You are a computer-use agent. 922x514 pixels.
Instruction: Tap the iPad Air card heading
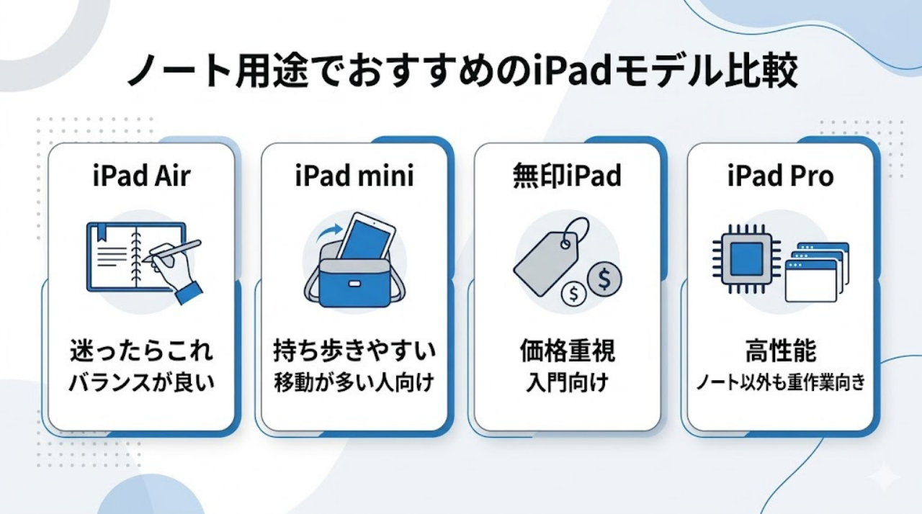141,176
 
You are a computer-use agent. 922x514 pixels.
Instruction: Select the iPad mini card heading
354,176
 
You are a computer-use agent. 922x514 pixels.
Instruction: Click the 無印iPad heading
567,176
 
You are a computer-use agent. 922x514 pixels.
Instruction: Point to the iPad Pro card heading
781,176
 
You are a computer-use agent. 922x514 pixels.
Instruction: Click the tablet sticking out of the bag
367,238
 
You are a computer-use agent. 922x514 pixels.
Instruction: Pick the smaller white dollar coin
574,294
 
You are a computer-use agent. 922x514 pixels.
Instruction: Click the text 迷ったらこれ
142,353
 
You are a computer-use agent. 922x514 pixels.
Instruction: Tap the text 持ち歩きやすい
354,353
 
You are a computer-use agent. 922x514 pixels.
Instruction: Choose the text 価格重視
567,353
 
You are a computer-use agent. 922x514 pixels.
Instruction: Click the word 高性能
781,353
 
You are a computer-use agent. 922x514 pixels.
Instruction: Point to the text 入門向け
567,382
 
